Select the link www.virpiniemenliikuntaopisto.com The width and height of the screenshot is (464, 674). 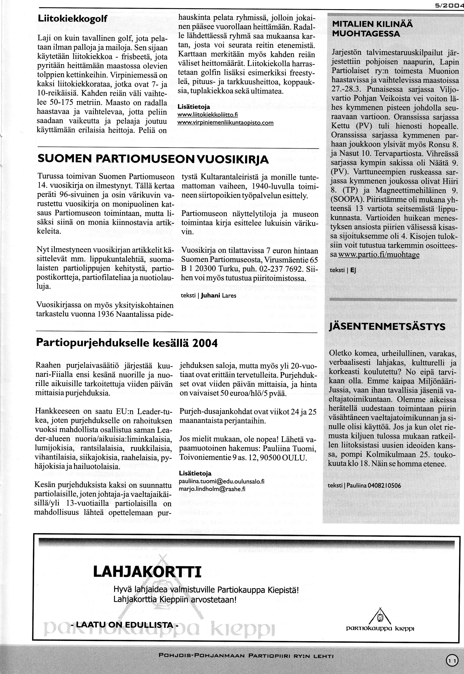225,123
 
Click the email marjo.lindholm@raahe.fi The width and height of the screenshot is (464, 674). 212,489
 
